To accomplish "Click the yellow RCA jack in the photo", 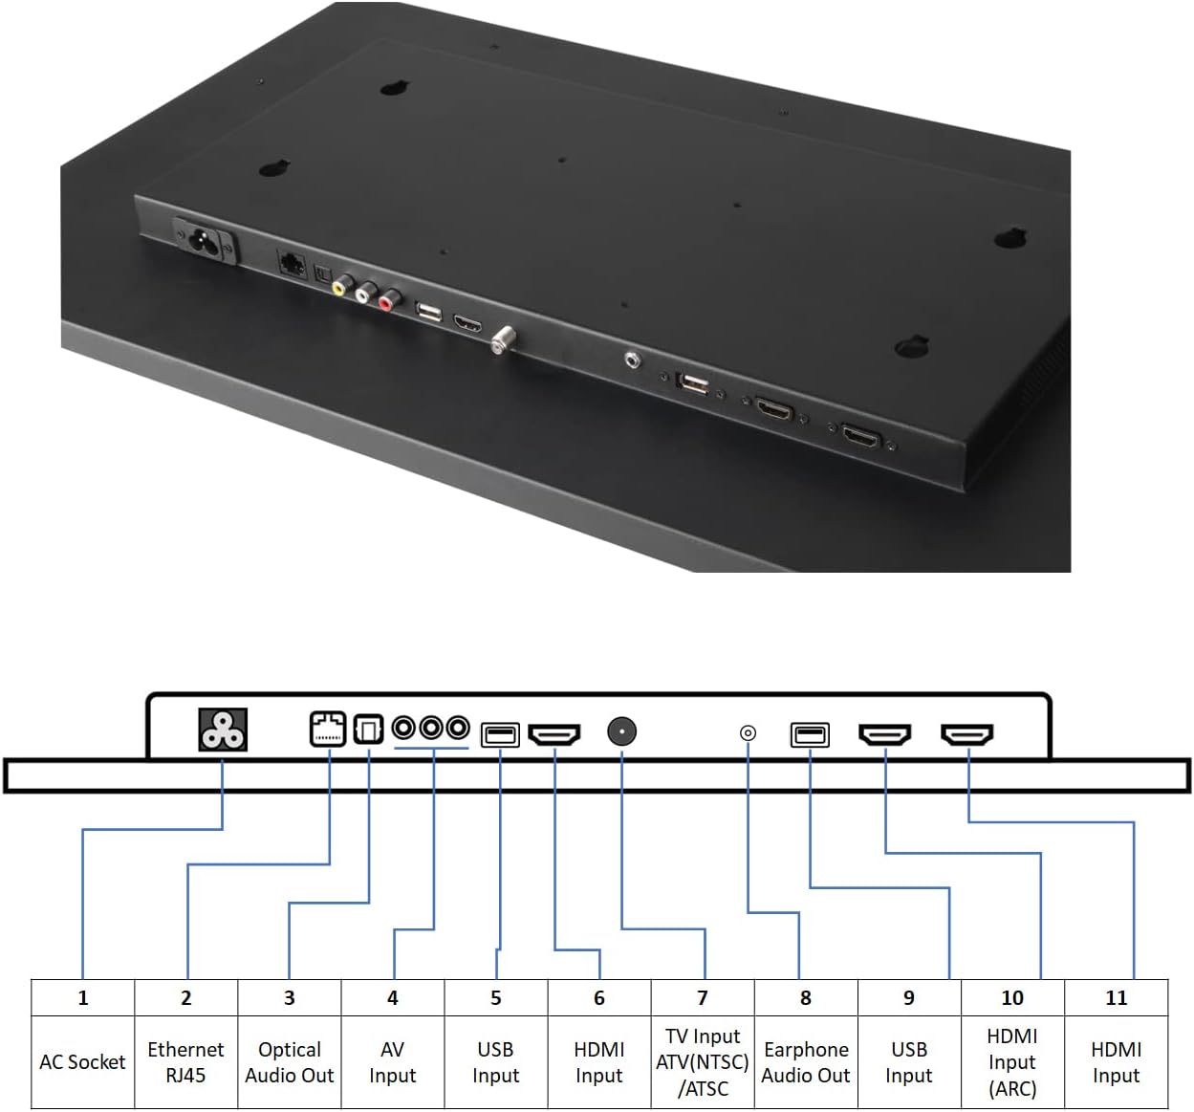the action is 339,285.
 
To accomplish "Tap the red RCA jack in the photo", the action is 386,303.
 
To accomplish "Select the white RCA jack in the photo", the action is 363,294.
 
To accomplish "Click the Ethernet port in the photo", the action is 293,262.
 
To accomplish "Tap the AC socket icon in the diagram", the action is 223,730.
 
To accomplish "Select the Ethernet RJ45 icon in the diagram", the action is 328,730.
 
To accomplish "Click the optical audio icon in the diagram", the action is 368,730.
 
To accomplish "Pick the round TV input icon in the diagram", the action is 621,732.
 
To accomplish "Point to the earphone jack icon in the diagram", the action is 748,733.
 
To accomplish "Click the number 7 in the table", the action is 703,998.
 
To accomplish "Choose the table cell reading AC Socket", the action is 83,1062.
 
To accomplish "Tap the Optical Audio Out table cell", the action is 290,1062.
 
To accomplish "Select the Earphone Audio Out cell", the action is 806,1062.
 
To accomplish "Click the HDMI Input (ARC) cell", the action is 1012,1062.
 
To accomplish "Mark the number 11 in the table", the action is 1116,998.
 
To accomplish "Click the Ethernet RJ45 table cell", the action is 186,1062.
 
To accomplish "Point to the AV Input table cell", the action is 393,1062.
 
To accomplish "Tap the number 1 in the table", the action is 83,998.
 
